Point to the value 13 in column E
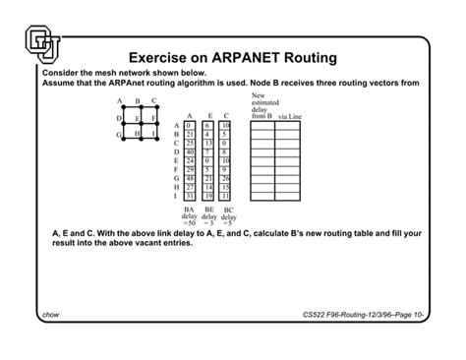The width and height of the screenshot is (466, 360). coord(207,144)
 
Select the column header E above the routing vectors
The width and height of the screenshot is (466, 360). coord(207,117)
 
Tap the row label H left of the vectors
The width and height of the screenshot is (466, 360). coord(175,187)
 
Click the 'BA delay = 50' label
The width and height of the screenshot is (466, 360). coord(190,216)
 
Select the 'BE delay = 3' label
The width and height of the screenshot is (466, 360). coord(208,216)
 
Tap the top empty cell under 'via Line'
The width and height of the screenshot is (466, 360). coord(289,127)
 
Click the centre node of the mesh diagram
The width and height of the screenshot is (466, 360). coord(140,118)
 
